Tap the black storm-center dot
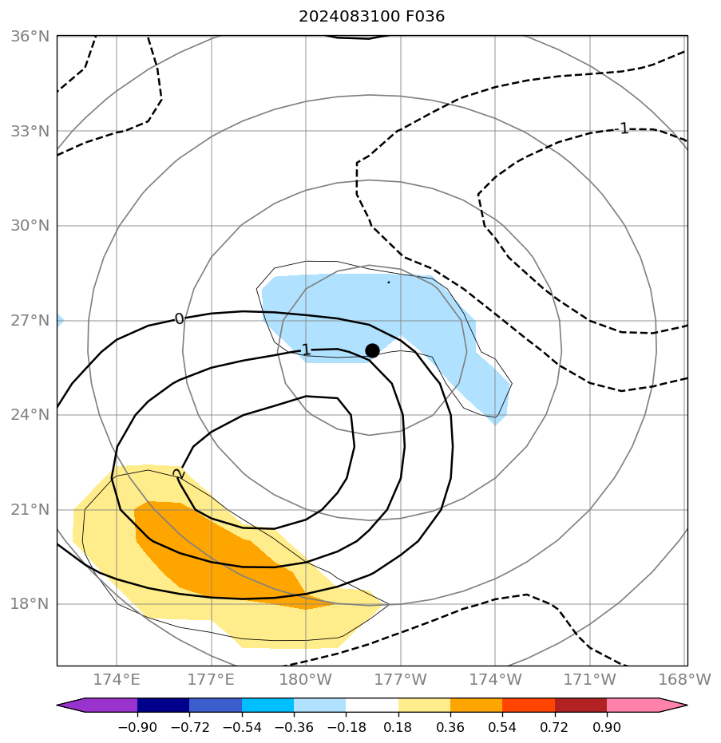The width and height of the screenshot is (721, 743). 372,350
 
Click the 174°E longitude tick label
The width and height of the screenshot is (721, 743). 117,680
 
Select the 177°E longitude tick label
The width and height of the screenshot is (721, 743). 211,680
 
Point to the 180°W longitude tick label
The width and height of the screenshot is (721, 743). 306,680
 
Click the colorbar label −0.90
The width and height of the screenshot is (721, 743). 137,728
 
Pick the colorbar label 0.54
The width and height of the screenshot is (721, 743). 502,728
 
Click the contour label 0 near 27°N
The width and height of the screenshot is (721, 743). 179,319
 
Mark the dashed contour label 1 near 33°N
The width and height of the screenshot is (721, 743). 624,128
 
